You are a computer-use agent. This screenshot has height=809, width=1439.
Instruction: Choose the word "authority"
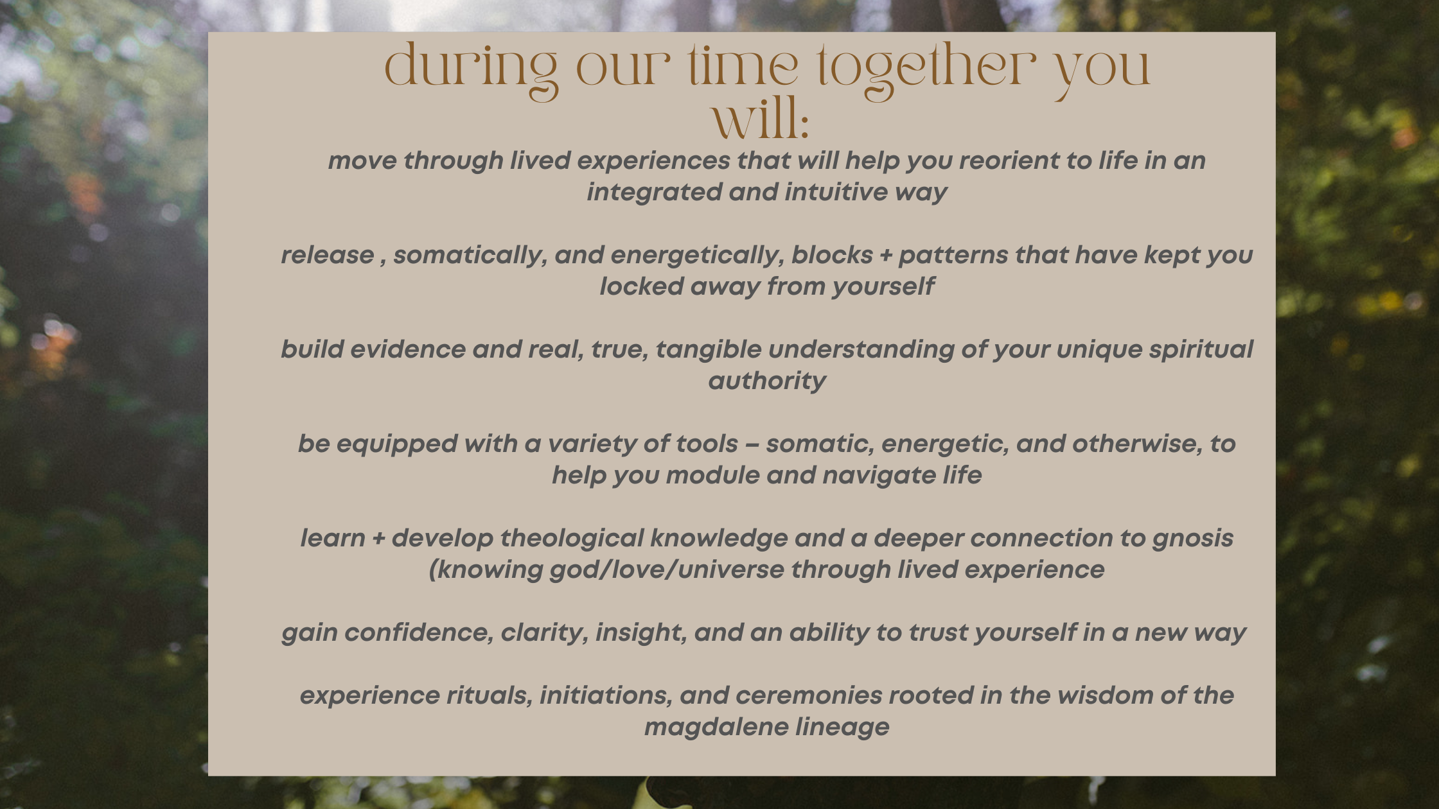[x=767, y=381]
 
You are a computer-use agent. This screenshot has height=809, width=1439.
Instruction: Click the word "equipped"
[x=397, y=444]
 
